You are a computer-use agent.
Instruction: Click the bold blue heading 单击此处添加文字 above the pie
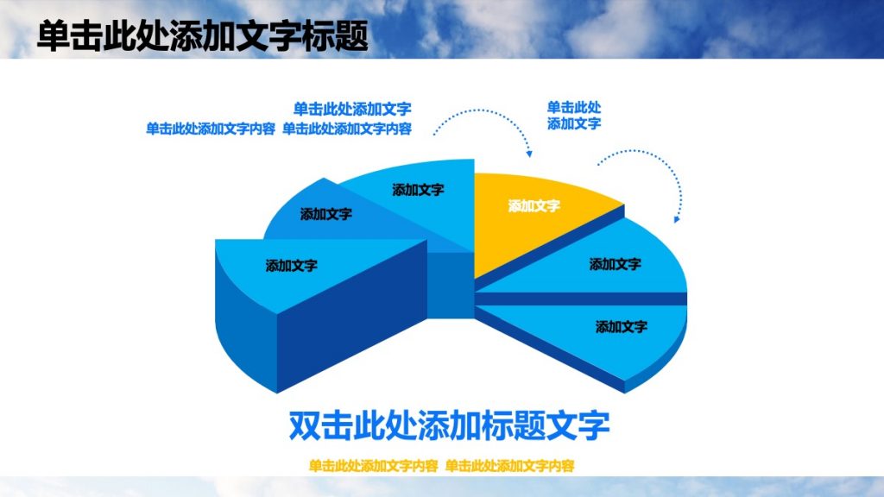[x=352, y=109]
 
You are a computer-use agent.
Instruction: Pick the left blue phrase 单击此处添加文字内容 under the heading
[x=211, y=129]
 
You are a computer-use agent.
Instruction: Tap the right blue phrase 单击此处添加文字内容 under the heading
[x=347, y=129]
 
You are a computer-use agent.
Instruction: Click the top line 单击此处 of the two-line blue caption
[x=574, y=108]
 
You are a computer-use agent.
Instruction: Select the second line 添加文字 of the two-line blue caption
[x=574, y=123]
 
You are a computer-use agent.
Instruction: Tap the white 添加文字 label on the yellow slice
[x=534, y=206]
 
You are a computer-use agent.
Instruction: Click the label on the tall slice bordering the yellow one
[x=418, y=190]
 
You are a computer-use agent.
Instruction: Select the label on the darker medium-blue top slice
[x=325, y=215]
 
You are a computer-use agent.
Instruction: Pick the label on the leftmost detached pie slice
[x=291, y=266]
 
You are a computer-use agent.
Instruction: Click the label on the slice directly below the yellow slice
[x=615, y=264]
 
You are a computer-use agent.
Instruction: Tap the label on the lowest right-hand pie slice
[x=621, y=327]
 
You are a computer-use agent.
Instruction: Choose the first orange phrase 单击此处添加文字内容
[x=373, y=466]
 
